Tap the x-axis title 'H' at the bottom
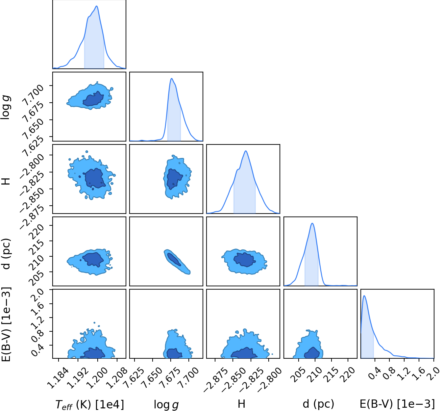point(241,403)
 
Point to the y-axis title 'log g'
point(6,107)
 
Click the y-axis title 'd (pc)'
point(6,254)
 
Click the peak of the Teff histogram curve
point(97,6)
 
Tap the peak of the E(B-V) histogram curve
point(364,296)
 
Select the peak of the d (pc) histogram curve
point(312,223)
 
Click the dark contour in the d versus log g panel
point(174,259)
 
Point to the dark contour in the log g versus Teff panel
point(93,99)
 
